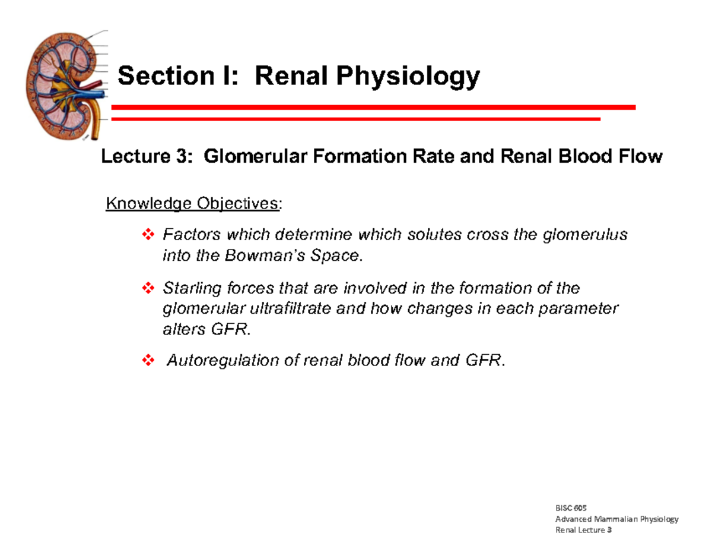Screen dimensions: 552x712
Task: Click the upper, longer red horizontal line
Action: pos(373,107)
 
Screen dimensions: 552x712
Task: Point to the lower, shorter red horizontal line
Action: pos(356,119)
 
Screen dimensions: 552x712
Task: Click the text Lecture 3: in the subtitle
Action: pos(147,157)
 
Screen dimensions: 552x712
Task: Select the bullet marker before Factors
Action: pos(148,236)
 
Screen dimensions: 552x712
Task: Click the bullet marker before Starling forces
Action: pos(148,289)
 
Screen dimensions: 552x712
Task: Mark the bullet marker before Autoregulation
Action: pos(148,361)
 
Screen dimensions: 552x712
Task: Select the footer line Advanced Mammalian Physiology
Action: pos(616,519)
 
